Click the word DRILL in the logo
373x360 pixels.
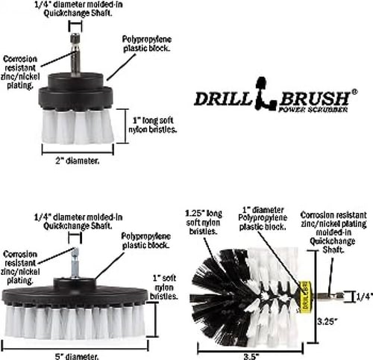pos(222,99)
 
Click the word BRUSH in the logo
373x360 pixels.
pos(315,99)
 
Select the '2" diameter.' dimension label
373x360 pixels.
pos(78,161)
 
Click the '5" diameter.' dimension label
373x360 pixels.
pos(77,356)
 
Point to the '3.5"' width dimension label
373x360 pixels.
pos(250,356)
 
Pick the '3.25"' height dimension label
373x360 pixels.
pos(327,321)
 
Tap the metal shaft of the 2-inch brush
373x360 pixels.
pos(75,55)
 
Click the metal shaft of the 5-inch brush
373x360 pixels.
pos(75,263)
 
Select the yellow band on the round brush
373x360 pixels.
pos(304,297)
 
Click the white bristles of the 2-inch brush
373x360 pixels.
pos(78,126)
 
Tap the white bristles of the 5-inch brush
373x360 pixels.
pos(75,322)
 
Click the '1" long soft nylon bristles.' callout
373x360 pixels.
pos(152,125)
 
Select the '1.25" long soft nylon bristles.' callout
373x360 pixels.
pos(204,223)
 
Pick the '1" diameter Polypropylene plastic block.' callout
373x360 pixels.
pos(263,218)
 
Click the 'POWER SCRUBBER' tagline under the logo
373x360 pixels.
pos(313,110)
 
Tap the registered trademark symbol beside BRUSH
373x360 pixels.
pos(354,92)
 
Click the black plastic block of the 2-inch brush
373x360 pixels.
pos(76,91)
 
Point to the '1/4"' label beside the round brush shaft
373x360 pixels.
pos(365,297)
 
